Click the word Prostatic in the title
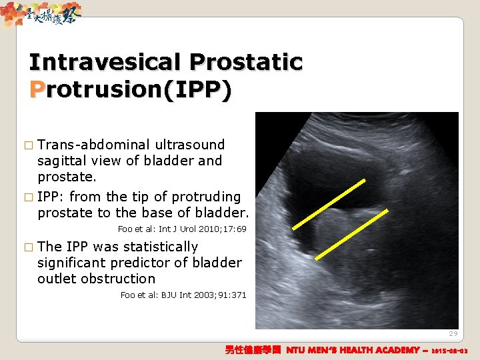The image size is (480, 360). (246, 63)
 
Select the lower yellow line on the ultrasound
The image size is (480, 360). (351, 234)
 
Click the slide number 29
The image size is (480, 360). (453, 333)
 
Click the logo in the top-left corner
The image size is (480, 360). (41, 13)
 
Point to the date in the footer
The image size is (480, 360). (450, 351)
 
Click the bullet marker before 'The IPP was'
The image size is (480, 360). (27, 247)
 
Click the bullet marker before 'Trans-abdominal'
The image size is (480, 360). (27, 145)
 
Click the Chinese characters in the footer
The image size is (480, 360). (253, 350)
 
